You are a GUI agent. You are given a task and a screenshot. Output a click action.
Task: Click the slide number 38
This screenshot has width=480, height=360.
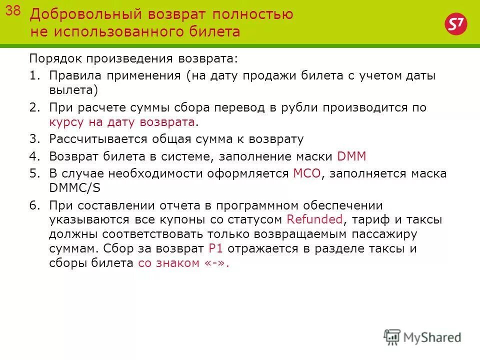point(13,12)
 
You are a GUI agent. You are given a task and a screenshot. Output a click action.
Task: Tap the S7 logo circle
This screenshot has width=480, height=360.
point(453,24)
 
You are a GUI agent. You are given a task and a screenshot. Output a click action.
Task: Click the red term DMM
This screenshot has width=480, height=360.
point(352,156)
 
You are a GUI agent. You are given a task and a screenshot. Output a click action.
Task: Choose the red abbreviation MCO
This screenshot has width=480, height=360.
point(306,173)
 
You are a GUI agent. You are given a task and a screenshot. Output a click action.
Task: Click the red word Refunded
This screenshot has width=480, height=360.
point(315,219)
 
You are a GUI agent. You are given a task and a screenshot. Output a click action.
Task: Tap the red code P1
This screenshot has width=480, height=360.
point(214,248)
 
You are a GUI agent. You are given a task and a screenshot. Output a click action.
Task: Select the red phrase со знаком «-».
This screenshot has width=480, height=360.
point(183,263)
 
